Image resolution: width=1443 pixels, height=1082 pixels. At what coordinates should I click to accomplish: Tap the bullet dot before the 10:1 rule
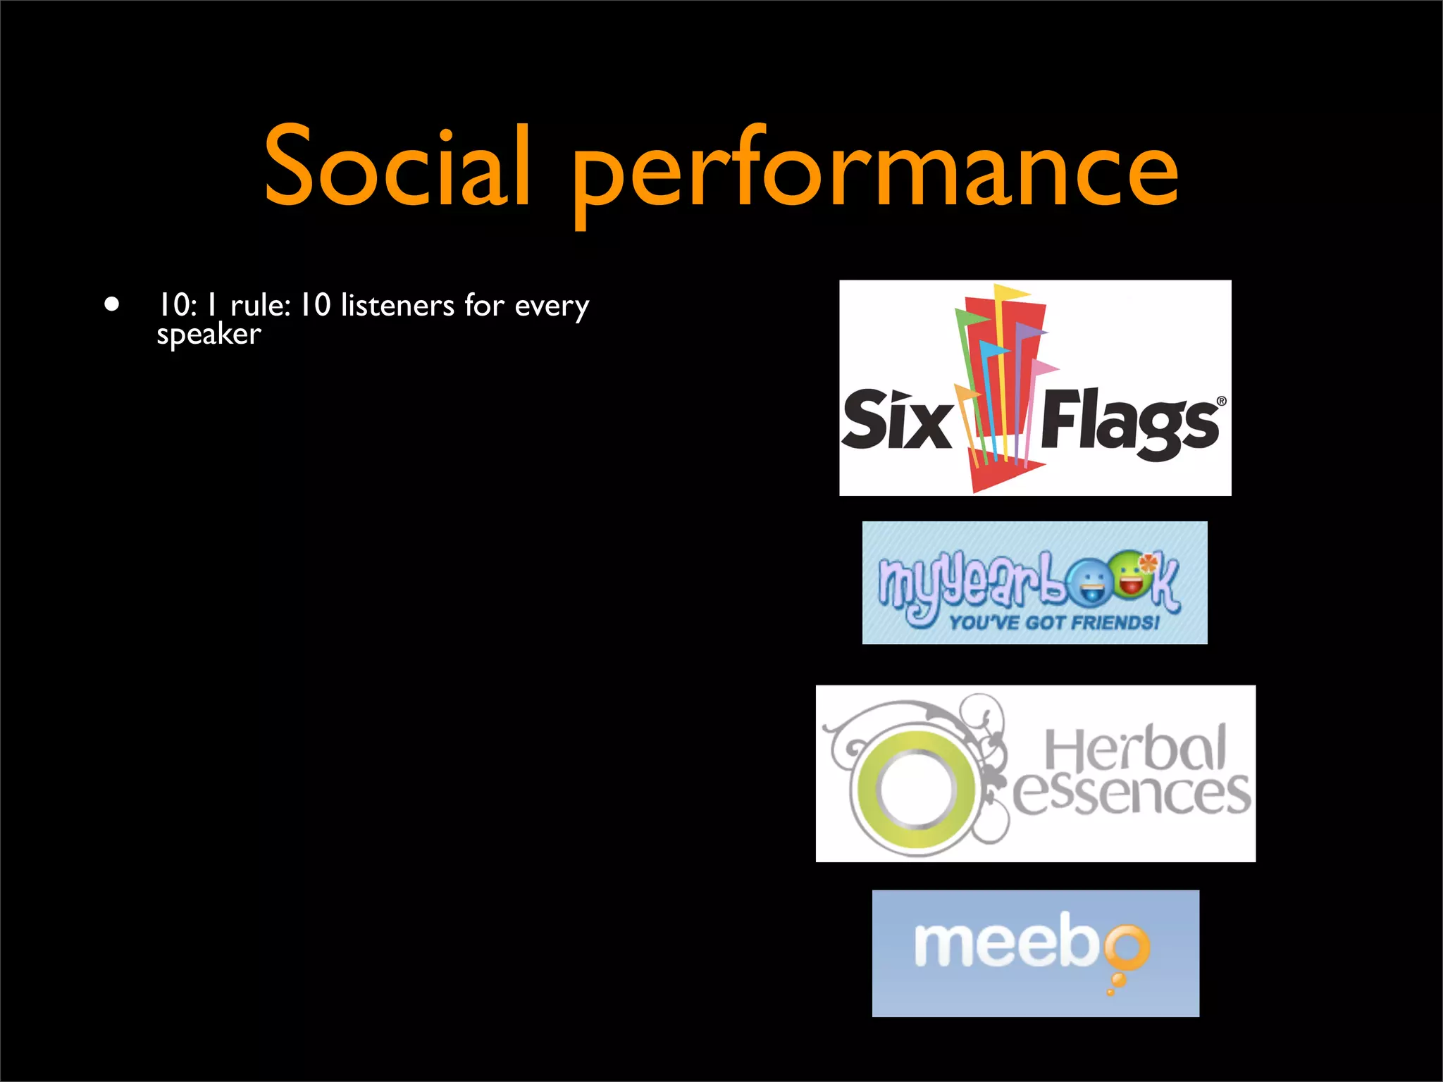[x=111, y=305]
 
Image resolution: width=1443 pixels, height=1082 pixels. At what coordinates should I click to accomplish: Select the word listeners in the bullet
[x=397, y=305]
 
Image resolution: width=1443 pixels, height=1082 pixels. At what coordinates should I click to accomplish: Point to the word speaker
[x=209, y=335]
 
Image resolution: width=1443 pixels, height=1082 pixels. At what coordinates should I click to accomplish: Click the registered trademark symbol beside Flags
[x=1221, y=402]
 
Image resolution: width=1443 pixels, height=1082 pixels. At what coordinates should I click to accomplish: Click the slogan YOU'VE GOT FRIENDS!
[x=1053, y=623]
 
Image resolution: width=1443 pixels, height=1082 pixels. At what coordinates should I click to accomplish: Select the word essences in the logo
[x=1131, y=794]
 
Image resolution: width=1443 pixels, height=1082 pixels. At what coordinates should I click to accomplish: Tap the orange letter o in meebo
[x=1126, y=946]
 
